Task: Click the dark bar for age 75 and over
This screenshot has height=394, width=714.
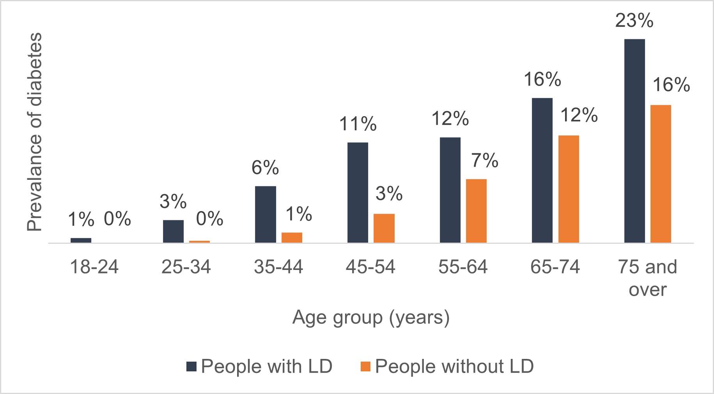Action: [634, 141]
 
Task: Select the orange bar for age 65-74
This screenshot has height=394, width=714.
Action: [569, 189]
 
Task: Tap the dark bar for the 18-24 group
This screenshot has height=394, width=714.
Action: [81, 240]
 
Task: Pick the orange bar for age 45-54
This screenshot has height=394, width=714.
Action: [384, 228]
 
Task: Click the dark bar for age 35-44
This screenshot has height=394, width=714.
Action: [266, 215]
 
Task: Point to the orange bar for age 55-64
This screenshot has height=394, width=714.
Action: [476, 211]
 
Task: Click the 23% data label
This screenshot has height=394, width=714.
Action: [634, 20]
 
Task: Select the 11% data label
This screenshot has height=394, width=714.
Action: [358, 124]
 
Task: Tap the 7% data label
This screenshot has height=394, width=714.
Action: [484, 160]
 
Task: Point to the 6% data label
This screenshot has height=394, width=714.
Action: [265, 168]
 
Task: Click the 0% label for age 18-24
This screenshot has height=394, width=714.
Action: [117, 219]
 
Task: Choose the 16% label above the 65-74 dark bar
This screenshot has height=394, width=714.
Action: [542, 80]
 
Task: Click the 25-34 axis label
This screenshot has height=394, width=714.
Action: [186, 267]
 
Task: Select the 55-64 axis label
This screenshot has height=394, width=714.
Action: [463, 267]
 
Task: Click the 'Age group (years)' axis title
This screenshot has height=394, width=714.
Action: [371, 318]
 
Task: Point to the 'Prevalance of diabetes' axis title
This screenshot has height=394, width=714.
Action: [34, 132]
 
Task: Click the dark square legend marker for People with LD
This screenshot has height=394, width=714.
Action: [191, 366]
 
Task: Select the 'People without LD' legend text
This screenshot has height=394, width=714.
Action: [454, 366]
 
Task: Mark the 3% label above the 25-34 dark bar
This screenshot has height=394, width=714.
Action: [173, 202]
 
